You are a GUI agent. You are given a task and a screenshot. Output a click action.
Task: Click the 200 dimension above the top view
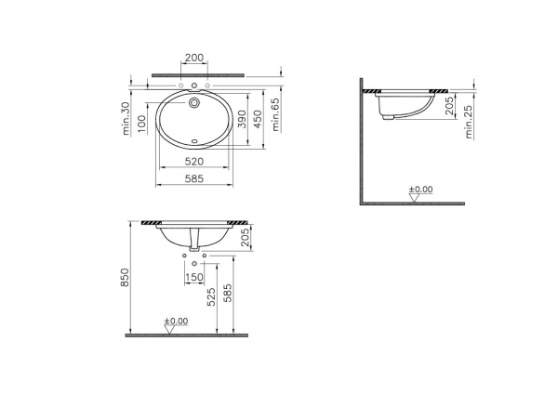tap(193, 58)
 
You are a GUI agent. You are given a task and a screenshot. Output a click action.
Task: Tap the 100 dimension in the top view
tap(142, 123)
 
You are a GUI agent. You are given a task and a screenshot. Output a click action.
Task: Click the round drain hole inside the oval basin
tap(194, 104)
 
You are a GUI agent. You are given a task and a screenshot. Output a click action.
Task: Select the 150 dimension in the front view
tap(194, 277)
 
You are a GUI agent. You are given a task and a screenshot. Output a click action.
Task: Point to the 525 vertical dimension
tap(212, 295)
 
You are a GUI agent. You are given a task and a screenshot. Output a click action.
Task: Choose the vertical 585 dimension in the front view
tap(229, 295)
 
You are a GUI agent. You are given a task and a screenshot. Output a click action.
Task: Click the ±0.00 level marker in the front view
tap(175, 322)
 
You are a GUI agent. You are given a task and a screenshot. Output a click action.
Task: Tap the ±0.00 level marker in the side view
tap(420, 190)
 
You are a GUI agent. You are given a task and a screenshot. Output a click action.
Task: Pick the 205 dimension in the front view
tap(246, 239)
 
